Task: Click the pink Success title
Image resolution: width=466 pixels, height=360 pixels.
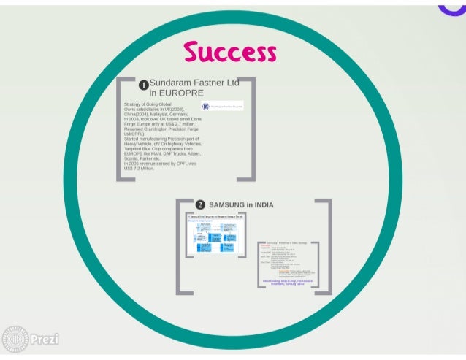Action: [x=230, y=53]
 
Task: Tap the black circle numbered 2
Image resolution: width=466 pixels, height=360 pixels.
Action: [x=200, y=205]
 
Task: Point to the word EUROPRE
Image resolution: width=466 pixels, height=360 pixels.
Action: [x=177, y=93]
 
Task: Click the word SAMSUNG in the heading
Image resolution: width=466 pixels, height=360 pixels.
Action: [x=226, y=205]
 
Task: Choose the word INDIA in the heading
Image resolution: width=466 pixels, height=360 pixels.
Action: [x=262, y=205]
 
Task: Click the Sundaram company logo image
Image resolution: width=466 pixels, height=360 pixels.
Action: [x=223, y=107]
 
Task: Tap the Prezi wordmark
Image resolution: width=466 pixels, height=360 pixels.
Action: [x=45, y=340]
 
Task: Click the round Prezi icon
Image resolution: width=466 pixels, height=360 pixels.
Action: [x=15, y=340]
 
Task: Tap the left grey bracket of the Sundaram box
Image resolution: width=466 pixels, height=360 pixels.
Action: [x=120, y=128]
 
